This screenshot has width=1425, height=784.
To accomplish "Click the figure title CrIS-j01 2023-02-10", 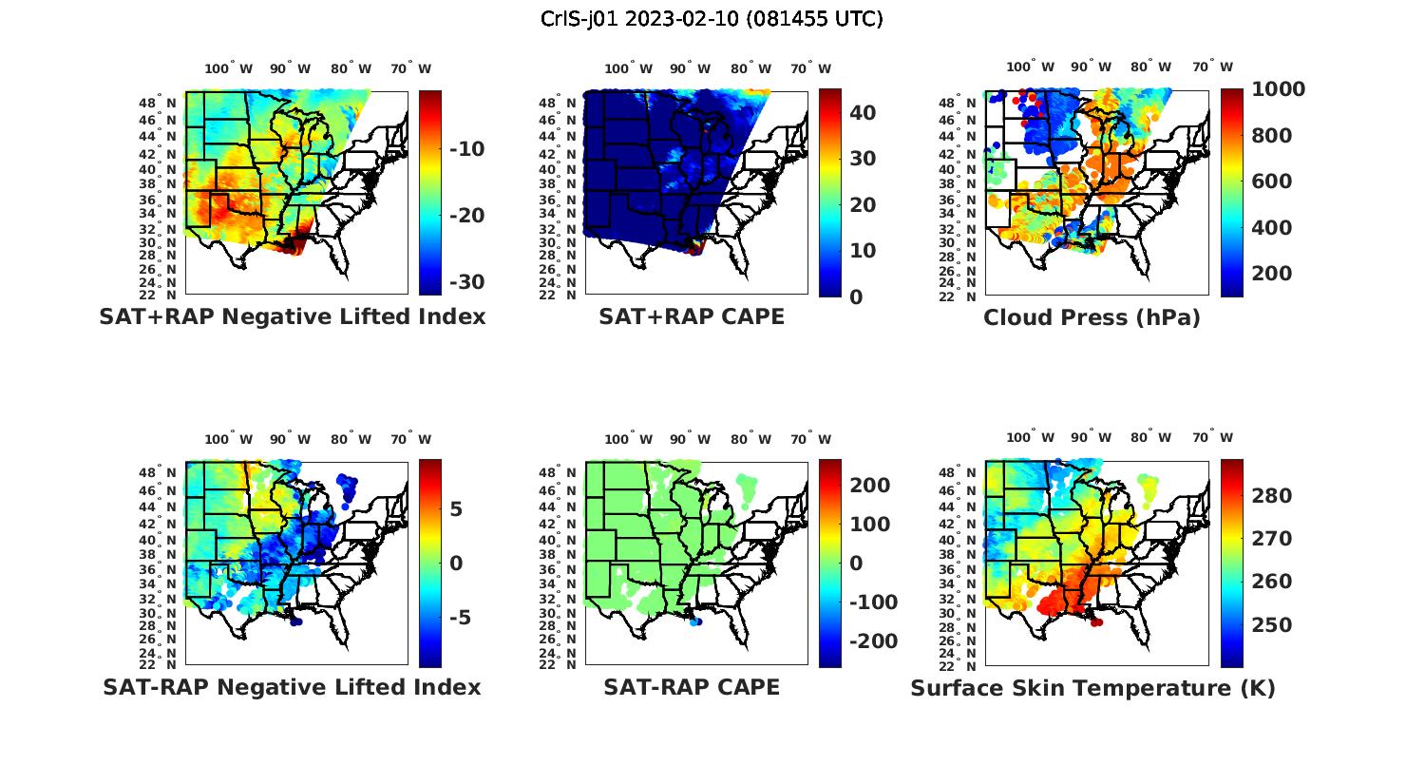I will (712, 18).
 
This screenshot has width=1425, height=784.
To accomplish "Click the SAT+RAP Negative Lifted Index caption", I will (292, 316).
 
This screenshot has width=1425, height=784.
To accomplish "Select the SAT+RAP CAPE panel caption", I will (692, 316).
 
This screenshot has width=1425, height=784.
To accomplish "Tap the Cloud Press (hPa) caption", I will (1092, 317).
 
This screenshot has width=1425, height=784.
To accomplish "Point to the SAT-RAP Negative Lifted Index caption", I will (292, 687).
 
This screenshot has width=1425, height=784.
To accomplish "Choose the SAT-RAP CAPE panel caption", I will (692, 687).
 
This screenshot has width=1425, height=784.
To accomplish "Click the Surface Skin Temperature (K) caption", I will (1092, 688).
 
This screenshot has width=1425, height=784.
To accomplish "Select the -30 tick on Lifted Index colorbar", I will (465, 282).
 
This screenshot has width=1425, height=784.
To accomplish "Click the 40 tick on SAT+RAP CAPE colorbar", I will (862, 112).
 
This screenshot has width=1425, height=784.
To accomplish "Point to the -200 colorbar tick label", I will (872, 641).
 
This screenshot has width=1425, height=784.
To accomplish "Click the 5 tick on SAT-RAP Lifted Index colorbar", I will (456, 509).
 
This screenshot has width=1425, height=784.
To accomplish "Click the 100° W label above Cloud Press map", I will (1030, 67).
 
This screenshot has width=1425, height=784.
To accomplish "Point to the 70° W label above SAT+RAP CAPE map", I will (810, 68).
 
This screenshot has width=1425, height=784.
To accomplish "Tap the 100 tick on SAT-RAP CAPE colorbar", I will (869, 525).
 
